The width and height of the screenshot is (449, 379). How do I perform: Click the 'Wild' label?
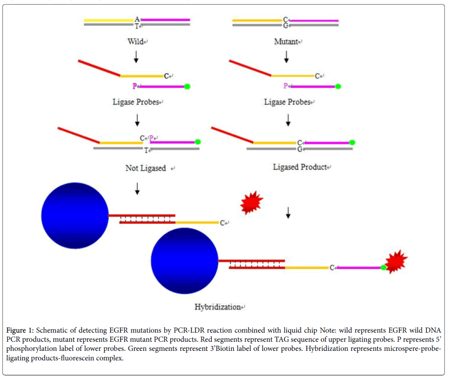pos(135,41)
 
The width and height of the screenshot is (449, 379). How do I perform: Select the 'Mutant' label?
pos(286,41)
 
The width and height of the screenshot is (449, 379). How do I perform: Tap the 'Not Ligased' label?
pos(146,168)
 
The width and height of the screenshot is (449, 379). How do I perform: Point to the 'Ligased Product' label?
pos(300,167)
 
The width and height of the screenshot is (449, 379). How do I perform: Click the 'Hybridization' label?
pos(217,307)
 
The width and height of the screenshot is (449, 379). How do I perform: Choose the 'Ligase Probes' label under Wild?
pos(136,102)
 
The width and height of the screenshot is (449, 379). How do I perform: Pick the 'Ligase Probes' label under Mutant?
pos(287,102)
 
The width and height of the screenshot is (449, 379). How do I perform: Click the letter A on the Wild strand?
pos(137,19)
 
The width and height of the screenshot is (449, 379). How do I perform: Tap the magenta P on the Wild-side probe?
pos(135,86)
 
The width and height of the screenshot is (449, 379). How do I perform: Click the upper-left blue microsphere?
pos(75,216)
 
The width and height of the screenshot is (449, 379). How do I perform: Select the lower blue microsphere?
pos(185,261)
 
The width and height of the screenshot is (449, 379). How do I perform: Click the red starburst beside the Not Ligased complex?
pos(252,202)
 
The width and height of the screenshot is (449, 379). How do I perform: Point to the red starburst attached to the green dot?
pos(396,261)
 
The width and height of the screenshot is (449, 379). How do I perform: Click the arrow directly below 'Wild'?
pos(136,57)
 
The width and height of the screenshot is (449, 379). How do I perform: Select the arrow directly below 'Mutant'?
pos(286,57)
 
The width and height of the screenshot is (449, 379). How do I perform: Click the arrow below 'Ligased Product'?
pos(288,213)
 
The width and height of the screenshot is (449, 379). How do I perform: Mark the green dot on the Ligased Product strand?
pos(352,142)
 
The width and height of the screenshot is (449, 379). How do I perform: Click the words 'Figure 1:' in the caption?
pos(20,330)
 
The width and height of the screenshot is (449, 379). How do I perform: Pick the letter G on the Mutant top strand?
pos(286,25)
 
